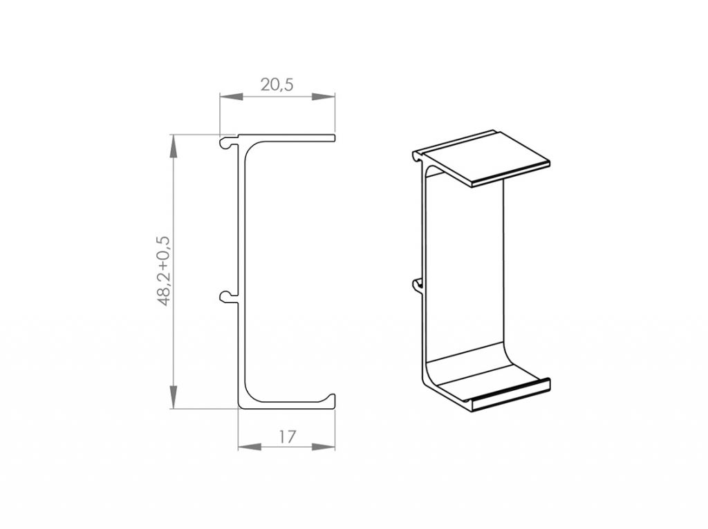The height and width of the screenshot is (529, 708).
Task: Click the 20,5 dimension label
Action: click(277, 84)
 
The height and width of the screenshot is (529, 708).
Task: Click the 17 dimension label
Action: click(287, 436)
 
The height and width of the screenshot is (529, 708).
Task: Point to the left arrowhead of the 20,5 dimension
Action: click(231, 97)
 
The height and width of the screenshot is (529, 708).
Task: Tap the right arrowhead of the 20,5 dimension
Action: click(324, 97)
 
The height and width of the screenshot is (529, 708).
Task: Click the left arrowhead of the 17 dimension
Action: click(250, 446)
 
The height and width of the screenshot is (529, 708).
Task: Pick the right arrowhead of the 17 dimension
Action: click(324, 446)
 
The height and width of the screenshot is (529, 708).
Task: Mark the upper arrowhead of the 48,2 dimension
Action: click(173, 146)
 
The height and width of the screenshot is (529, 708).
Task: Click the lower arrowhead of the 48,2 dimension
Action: click(173, 397)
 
